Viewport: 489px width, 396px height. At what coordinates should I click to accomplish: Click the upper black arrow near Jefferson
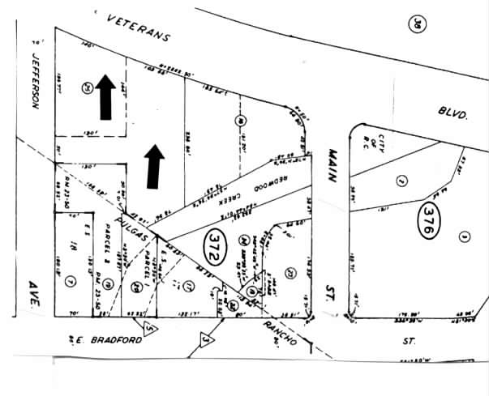104,95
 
